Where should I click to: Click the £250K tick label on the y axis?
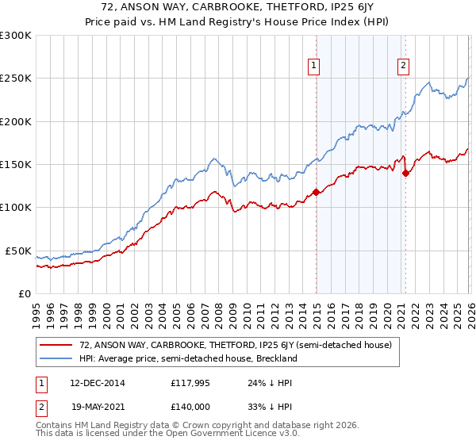point(16,78)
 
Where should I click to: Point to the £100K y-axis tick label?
point(16,208)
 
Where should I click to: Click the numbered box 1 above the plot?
point(315,66)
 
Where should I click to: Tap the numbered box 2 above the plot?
point(404,66)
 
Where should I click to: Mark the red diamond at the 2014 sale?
point(316,192)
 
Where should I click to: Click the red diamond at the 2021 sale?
point(405,173)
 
